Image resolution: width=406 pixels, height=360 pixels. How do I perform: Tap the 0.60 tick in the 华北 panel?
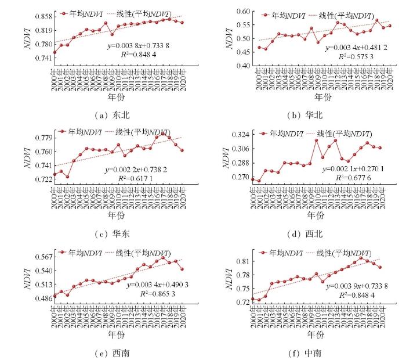tap(241, 11)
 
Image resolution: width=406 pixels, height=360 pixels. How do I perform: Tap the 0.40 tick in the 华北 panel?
tap(241, 66)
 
